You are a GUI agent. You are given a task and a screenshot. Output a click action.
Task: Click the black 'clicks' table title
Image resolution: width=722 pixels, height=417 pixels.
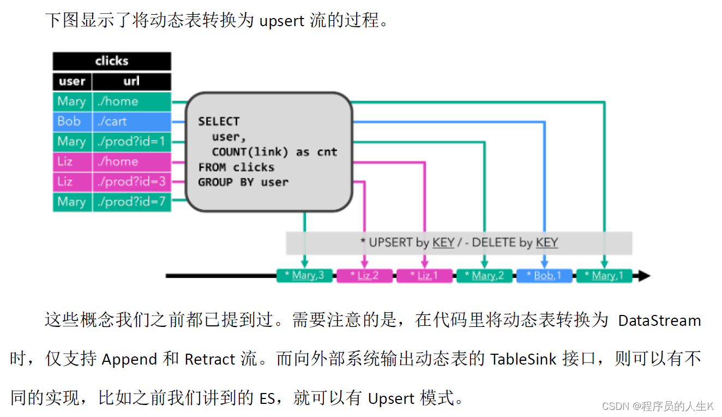(112, 61)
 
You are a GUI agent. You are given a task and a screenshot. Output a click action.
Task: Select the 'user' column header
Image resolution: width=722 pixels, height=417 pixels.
(72, 81)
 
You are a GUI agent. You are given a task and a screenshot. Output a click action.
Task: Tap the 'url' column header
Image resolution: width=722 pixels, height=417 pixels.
(132, 81)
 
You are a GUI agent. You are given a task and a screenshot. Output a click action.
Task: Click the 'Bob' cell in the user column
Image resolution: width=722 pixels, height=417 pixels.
(72, 122)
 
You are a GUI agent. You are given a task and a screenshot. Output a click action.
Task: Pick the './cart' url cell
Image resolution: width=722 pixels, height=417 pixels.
(132, 122)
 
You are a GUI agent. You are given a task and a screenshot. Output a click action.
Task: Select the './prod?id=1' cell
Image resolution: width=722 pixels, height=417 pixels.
(132, 141)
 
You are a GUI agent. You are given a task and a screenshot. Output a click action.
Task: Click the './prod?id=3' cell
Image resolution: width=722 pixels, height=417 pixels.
(132, 182)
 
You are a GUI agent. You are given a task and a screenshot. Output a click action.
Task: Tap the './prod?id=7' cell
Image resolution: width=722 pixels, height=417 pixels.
(132, 202)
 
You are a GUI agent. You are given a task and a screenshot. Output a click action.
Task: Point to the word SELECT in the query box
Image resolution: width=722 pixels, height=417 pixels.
(219, 122)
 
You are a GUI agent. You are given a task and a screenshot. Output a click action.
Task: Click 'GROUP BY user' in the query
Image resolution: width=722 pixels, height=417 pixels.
(243, 182)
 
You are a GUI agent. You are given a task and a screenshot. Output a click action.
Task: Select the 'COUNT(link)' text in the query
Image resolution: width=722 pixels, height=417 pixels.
(250, 152)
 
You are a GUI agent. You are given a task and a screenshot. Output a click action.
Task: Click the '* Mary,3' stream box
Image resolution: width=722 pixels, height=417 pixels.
(305, 276)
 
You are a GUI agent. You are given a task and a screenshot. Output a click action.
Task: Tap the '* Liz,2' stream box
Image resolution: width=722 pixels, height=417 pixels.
(365, 276)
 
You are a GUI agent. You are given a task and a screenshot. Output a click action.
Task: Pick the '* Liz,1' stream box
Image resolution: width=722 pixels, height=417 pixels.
(424, 276)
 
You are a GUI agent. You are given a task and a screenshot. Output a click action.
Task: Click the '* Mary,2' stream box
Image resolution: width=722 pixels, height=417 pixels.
(484, 276)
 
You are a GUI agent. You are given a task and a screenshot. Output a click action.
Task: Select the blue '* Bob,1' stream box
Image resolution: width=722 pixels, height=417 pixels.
(544, 276)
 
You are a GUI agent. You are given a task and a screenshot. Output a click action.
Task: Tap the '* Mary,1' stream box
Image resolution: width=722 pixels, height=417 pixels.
(604, 276)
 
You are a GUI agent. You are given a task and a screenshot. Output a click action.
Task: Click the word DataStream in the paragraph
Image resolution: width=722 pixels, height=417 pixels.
(659, 320)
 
